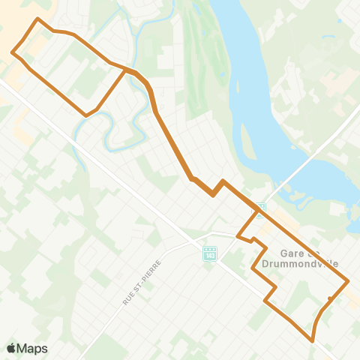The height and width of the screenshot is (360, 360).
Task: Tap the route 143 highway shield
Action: coord(209,254)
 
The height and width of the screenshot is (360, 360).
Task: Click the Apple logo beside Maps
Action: coord(11,349)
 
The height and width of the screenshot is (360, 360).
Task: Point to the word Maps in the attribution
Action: coord(32,349)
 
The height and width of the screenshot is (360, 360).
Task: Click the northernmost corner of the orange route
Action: coord(37,18)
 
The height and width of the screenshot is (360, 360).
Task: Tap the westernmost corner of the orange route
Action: coord(12,52)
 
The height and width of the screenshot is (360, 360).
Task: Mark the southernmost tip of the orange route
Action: coord(312,340)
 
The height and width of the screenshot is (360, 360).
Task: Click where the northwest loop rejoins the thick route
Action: coord(126,70)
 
